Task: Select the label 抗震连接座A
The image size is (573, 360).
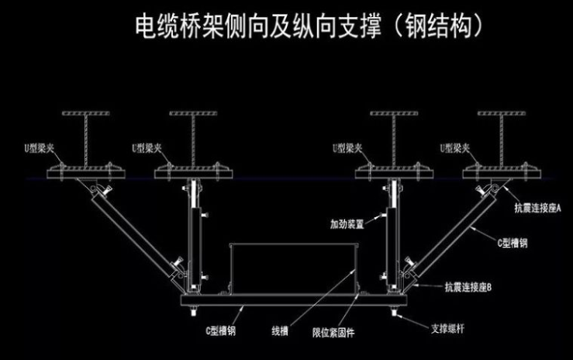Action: click(537, 207)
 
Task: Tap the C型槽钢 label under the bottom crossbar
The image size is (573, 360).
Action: click(221, 331)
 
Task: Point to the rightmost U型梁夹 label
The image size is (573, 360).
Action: click(455, 147)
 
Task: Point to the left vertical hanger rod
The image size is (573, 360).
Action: click(192, 233)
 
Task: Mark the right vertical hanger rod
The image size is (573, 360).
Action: click(390, 233)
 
